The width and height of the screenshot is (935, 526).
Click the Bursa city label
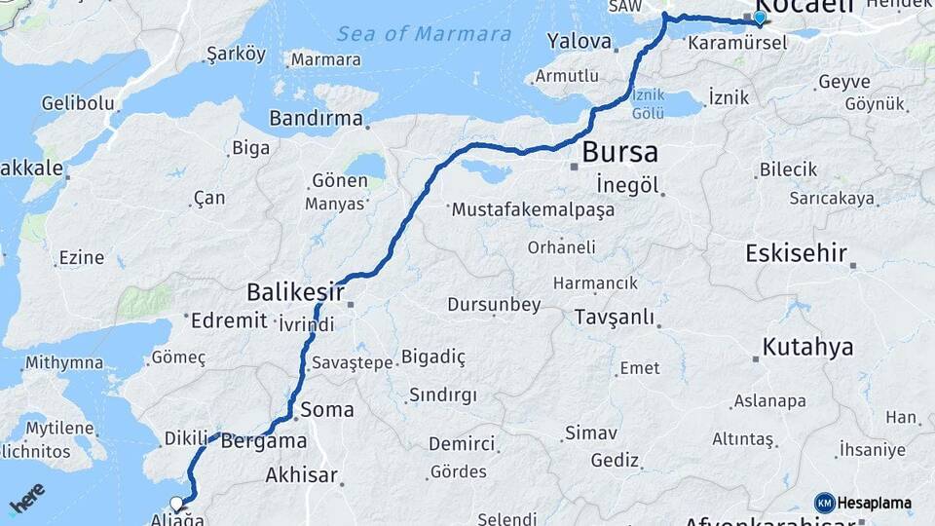coord(619,153)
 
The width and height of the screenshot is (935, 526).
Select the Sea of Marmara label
coord(424,34)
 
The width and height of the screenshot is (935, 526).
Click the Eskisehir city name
coord(796,253)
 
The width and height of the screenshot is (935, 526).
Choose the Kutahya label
coord(807,347)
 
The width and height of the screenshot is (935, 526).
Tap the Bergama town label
coord(264,440)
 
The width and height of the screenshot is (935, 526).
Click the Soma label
coord(327,409)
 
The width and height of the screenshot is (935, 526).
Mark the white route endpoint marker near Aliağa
coord(177,504)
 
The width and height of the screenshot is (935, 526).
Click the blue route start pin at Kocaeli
coord(760,18)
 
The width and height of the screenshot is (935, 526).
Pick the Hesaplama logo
coord(863,504)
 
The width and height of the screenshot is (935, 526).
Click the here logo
coord(26,499)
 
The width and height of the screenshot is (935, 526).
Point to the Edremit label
coord(229,321)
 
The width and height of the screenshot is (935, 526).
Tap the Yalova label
coord(579,42)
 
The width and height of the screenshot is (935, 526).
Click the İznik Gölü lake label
coord(648,104)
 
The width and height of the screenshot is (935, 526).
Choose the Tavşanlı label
coord(614,318)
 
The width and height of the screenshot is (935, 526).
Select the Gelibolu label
coord(78,102)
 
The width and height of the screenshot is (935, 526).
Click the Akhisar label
coord(302,476)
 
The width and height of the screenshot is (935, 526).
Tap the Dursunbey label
coord(494,305)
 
